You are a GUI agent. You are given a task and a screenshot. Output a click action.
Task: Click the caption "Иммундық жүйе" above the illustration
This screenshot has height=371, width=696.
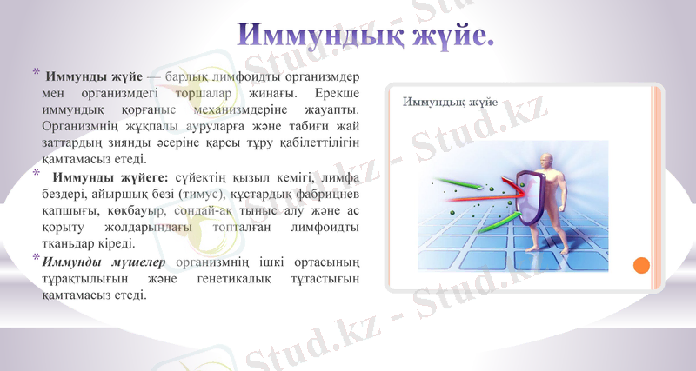(450, 103)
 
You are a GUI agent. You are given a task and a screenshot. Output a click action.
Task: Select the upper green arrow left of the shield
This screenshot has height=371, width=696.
(457, 182)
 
